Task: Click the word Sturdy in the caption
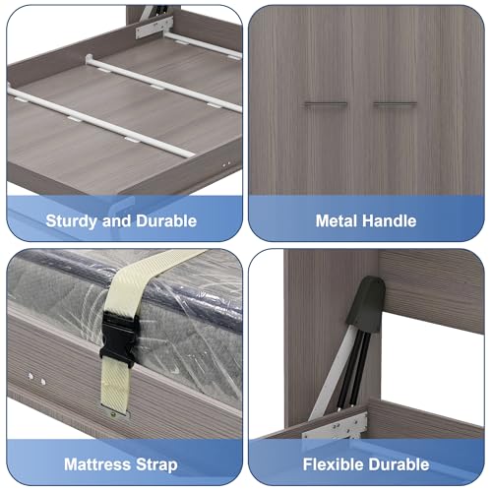(x=70, y=221)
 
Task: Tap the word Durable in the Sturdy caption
(x=166, y=220)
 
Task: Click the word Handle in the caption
(x=389, y=220)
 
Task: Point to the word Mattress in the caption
(x=97, y=464)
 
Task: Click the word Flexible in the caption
(x=332, y=464)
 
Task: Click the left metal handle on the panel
(x=326, y=104)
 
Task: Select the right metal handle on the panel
(x=396, y=104)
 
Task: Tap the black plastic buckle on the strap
(x=118, y=338)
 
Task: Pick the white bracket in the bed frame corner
(x=154, y=28)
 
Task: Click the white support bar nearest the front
(x=98, y=122)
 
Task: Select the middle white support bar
(x=163, y=84)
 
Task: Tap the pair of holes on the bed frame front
(x=226, y=163)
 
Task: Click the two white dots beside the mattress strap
(x=36, y=379)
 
